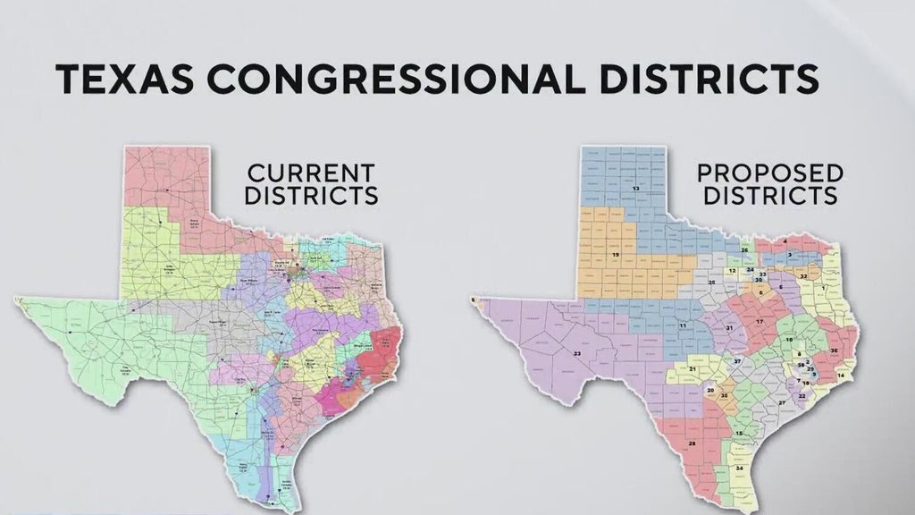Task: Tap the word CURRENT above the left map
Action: coord(311,172)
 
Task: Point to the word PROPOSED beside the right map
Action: coord(770,172)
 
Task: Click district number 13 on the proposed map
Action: coord(635,190)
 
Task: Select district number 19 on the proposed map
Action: coord(615,256)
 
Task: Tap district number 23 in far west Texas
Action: coord(576,354)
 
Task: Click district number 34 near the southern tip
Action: coord(739,469)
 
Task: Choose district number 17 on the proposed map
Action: coord(760,320)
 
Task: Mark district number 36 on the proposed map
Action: coord(834,351)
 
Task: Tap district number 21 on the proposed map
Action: coord(693,368)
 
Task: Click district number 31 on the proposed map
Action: coord(729,328)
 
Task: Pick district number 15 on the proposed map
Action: coord(738,435)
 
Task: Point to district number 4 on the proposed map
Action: coord(784,241)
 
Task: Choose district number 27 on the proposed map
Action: coord(782,403)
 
